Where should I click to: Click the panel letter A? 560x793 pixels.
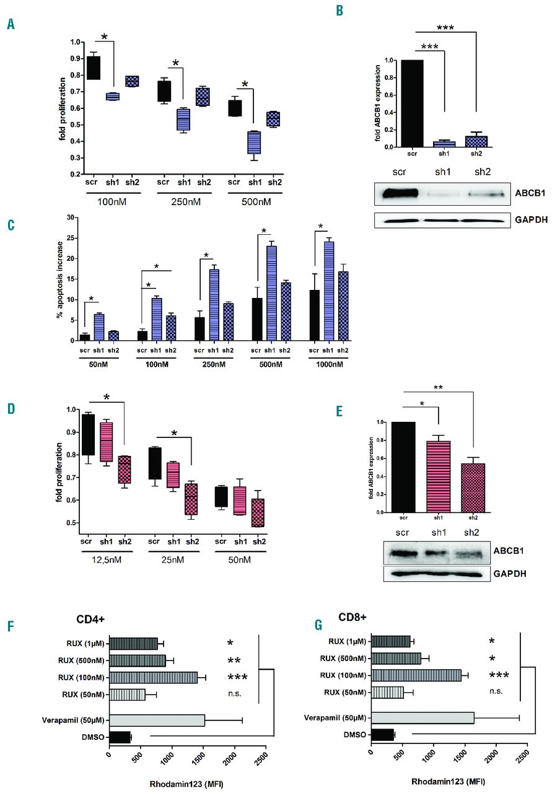10,24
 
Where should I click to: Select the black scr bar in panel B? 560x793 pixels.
408,103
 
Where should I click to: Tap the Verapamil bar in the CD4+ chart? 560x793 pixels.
157,720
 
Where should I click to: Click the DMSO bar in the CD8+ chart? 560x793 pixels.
382,734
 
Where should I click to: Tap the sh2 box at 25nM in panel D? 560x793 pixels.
193,499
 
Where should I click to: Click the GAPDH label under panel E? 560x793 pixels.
510,574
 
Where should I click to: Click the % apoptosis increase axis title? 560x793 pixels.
61,279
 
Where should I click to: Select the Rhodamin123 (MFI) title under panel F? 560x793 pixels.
186,784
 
